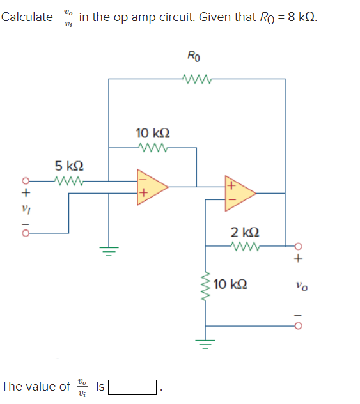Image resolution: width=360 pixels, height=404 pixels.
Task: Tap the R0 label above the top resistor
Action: (x=194, y=57)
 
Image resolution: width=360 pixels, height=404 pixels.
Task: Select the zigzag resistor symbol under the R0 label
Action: (x=194, y=79)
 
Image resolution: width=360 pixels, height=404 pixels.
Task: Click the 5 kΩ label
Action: (x=68, y=166)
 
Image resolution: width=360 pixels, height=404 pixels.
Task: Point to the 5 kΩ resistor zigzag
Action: (x=69, y=181)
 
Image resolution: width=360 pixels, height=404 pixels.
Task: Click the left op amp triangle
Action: (x=150, y=187)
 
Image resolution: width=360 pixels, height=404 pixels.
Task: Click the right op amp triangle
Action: (x=238, y=192)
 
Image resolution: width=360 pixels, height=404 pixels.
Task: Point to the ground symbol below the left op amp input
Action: (x=108, y=251)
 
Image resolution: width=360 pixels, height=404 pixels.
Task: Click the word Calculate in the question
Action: (x=27, y=17)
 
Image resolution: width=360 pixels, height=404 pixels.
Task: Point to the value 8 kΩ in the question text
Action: (x=302, y=17)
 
